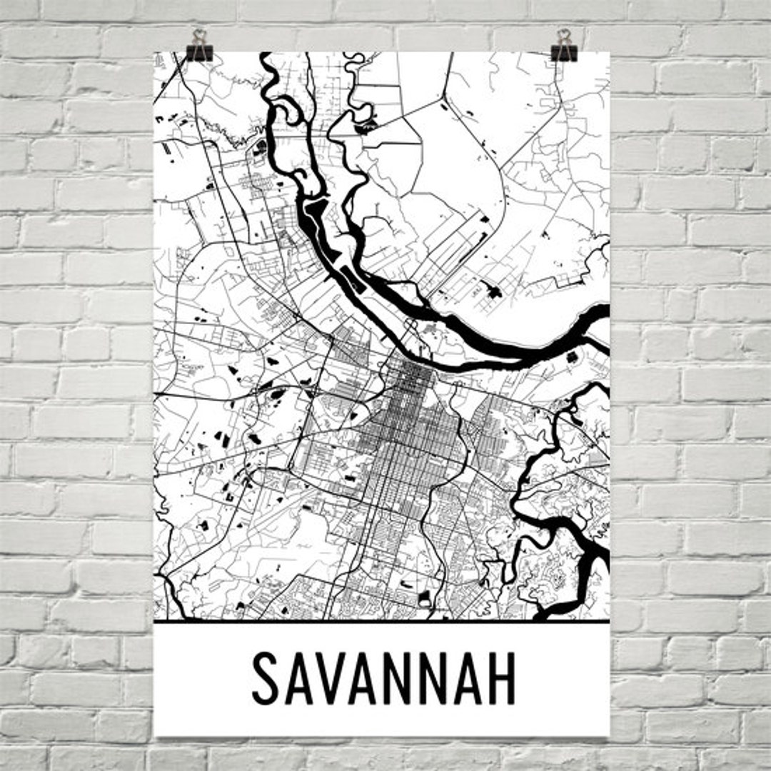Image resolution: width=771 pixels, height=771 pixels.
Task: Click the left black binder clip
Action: click(x=199, y=51)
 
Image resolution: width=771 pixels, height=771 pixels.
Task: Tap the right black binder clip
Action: click(x=564, y=51)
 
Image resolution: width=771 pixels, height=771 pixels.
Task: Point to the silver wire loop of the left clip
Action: click(x=199, y=36)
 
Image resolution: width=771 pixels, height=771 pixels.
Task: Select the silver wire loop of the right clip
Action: click(x=564, y=36)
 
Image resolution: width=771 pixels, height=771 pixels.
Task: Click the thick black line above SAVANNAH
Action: click(x=382, y=621)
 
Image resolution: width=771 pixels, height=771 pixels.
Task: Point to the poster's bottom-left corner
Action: click(x=156, y=735)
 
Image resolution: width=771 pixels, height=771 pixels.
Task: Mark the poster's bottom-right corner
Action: click(x=609, y=735)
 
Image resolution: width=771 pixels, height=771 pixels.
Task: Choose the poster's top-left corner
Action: click(x=154, y=52)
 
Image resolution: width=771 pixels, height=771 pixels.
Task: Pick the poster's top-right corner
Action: click(x=609, y=52)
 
